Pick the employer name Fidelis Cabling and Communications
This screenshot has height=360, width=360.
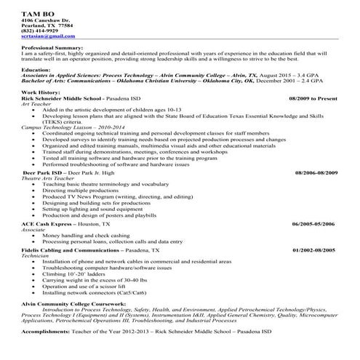(x=73, y=250)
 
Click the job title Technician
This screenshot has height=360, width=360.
(x=36, y=255)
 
